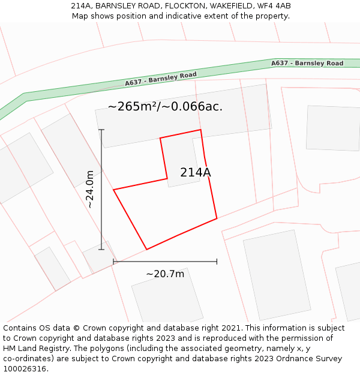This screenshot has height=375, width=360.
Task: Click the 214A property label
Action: pyautogui.click(x=196, y=173)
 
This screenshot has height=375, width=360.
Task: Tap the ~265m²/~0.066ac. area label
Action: pyautogui.click(x=165, y=107)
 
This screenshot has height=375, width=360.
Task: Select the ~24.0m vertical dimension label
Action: pyautogui.click(x=90, y=189)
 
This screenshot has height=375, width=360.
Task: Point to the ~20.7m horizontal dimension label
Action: pyautogui.click(x=165, y=274)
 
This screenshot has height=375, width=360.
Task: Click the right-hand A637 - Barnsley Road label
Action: pyautogui.click(x=307, y=63)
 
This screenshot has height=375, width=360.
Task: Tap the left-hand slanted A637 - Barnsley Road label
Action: pyautogui.click(x=161, y=79)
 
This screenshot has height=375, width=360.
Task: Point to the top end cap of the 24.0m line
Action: pyautogui.click(x=101, y=130)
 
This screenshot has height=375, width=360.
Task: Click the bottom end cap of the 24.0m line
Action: pyautogui.click(x=101, y=250)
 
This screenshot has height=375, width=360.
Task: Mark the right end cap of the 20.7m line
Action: pyautogui.click(x=217, y=262)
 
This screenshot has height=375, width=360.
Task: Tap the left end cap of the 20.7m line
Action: pyautogui.click(x=113, y=262)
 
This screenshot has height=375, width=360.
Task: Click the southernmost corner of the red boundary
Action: pyautogui.click(x=146, y=249)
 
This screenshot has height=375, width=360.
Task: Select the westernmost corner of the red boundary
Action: pyautogui.click(x=114, y=190)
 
